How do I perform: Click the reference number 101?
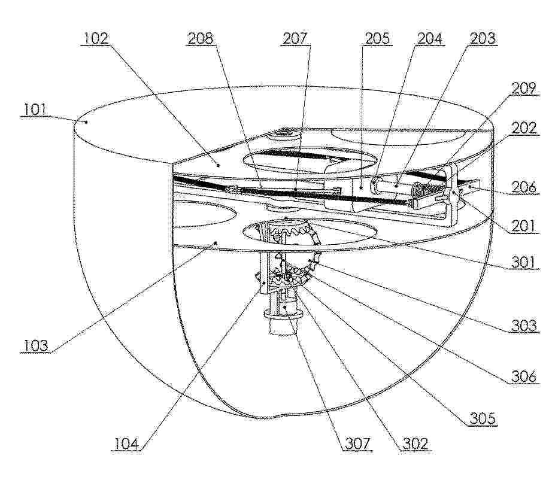point(35,110)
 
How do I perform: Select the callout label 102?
point(96,38)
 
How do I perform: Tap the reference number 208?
point(201,38)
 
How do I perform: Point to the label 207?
point(295,38)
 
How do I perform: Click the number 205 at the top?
point(377,38)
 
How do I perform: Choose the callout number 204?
point(429,38)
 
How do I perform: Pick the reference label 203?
point(483,38)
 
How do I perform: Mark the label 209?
point(524,89)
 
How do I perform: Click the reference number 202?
point(524,128)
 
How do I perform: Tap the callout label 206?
point(524,187)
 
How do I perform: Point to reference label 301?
point(523,262)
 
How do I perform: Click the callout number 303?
point(524,326)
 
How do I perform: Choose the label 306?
point(524,376)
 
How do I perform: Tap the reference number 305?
point(483,418)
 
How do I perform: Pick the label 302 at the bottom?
point(415,444)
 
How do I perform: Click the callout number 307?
point(357,444)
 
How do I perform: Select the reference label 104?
point(126,444)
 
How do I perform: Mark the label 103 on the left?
point(36,345)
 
